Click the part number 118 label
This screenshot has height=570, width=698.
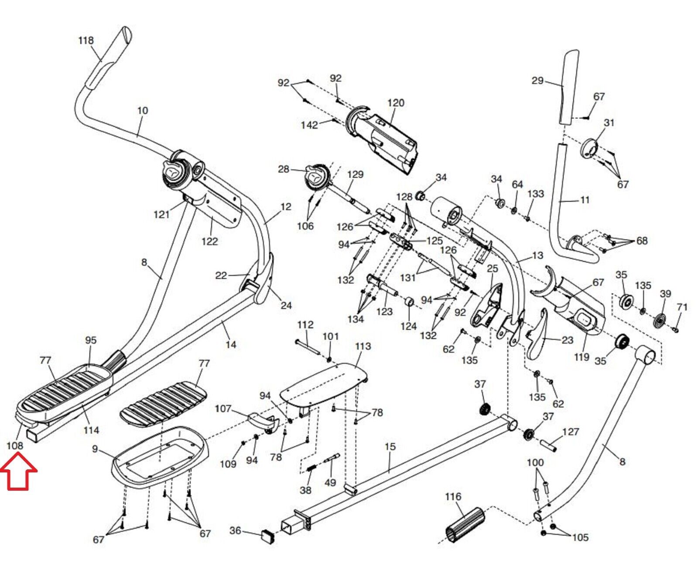86,41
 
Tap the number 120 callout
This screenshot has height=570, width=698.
396,103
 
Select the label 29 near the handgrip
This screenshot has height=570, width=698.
537,81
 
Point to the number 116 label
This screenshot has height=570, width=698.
453,496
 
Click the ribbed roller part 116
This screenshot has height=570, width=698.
465,525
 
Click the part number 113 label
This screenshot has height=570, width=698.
363,346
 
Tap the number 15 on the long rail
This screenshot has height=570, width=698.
390,447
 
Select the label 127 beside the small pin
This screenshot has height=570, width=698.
571,432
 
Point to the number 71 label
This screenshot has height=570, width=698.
682,307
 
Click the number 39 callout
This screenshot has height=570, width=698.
665,294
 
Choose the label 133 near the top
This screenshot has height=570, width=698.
536,193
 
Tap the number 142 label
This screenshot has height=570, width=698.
309,125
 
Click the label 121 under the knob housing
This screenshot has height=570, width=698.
161,214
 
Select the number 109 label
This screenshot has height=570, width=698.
228,464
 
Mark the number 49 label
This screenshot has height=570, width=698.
330,482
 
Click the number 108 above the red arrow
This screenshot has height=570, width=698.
15,446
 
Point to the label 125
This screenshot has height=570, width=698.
435,241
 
